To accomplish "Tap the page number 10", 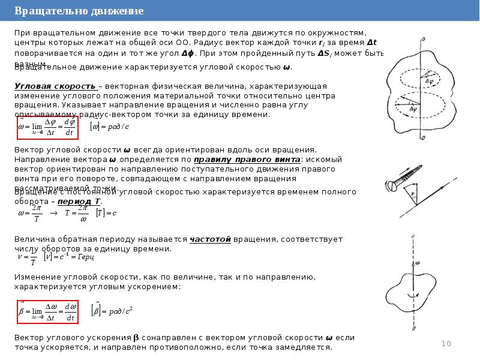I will [x=446, y=343].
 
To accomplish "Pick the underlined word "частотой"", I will [x=211, y=238].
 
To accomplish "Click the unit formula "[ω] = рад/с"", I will [x=109, y=127].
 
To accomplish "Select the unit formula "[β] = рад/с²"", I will [x=111, y=311].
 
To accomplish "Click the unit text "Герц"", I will [x=86, y=257].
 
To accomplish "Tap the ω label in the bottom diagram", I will [x=418, y=263].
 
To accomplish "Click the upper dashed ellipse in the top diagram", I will [x=416, y=78].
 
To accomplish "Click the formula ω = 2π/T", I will [x=29, y=213].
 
